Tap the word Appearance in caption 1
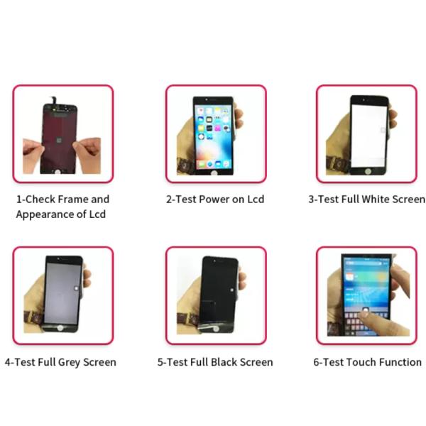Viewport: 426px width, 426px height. [44, 214]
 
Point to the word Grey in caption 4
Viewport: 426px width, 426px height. [70, 362]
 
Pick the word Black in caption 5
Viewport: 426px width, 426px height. [219, 362]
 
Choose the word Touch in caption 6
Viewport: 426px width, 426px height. [361, 362]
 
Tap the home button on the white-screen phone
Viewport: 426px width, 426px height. [368, 170]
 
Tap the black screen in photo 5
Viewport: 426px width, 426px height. [217, 291]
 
